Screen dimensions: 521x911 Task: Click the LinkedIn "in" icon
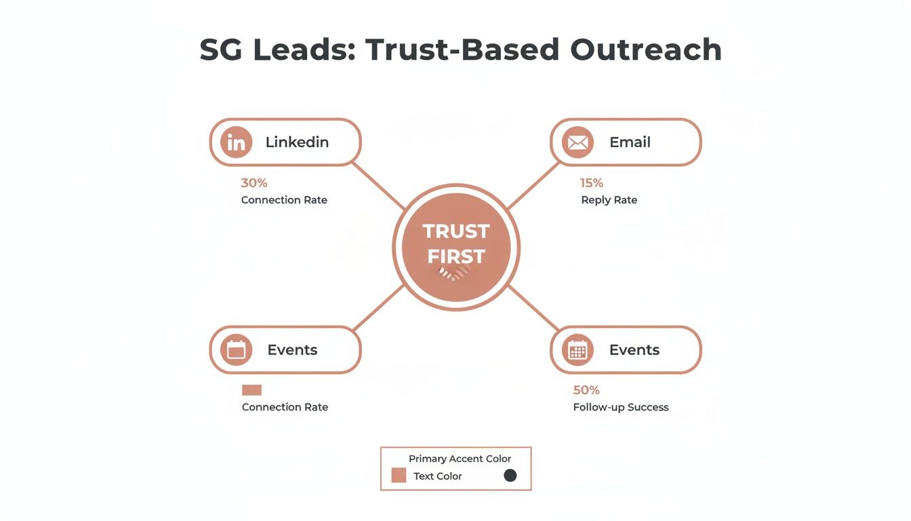coord(236,142)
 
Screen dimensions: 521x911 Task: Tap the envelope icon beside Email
coord(578,142)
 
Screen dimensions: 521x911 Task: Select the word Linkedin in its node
coord(297,142)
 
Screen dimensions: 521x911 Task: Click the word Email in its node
coord(630,142)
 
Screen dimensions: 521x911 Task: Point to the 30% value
coord(254,182)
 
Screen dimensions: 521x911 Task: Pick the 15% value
coord(592,182)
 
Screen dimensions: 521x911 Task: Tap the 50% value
coord(586,390)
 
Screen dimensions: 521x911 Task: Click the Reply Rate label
coord(609,200)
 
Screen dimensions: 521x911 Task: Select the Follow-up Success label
coord(621,407)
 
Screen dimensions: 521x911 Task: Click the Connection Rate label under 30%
coord(284,200)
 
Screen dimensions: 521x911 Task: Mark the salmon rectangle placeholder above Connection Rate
coord(251,390)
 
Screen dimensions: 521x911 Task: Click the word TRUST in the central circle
coord(455,231)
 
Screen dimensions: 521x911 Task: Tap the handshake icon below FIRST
coord(454,273)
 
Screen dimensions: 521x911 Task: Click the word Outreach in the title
coord(646,50)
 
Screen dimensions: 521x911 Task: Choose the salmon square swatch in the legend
coord(399,476)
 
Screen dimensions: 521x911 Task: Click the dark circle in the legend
coord(510,476)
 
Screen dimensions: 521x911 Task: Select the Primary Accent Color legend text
coord(460,459)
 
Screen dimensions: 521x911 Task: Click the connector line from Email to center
coord(532,186)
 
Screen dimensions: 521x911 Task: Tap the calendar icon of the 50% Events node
coord(578,350)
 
